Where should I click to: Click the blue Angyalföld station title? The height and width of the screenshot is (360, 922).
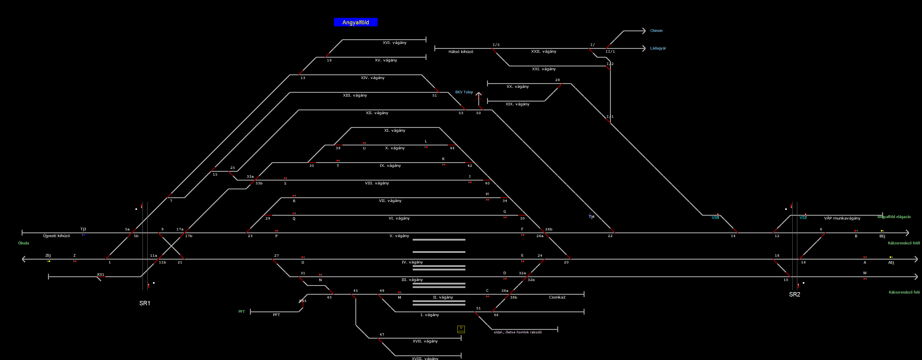(355, 22)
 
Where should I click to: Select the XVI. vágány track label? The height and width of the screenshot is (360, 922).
(395, 42)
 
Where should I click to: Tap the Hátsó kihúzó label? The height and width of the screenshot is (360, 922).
(461, 52)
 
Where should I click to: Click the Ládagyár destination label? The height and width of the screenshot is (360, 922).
(658, 48)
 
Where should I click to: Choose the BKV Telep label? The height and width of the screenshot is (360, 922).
(464, 92)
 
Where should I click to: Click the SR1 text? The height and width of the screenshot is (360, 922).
(145, 303)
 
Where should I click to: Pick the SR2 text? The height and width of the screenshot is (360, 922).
(795, 294)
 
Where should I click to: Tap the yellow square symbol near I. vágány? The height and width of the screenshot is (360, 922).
(461, 329)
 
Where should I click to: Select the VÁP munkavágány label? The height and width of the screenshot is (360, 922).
(842, 218)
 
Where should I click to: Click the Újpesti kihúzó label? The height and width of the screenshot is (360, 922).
(56, 236)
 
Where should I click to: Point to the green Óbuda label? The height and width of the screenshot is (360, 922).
(24, 243)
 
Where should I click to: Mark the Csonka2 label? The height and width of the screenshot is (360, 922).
(557, 297)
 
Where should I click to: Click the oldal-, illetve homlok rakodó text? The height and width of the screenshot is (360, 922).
(517, 332)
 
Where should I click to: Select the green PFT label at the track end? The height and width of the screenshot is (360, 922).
(241, 312)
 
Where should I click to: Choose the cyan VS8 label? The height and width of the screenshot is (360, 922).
(715, 217)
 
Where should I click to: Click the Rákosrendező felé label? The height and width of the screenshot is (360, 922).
(904, 292)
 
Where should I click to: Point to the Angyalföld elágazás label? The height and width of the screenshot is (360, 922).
(894, 217)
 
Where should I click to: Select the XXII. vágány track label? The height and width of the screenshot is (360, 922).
(543, 52)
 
